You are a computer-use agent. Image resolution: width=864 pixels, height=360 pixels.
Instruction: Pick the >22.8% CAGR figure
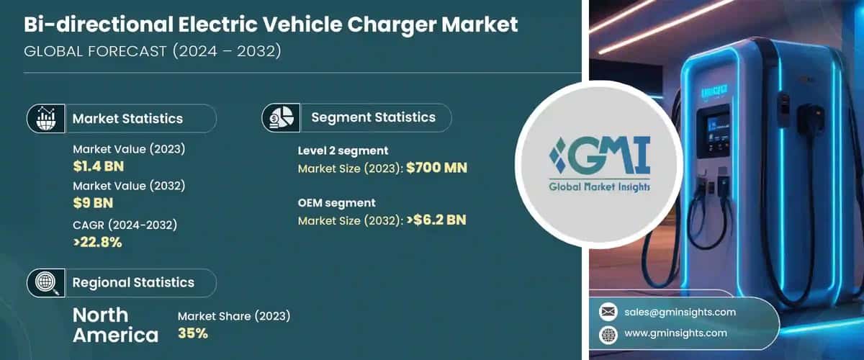(x=97, y=242)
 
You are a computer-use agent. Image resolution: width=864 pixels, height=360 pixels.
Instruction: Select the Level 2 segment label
(x=343, y=150)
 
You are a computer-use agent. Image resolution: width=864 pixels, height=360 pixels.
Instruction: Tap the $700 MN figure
(x=436, y=168)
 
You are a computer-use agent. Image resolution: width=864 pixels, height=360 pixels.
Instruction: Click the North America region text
(x=115, y=325)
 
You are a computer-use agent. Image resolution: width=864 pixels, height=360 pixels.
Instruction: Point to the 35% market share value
(x=192, y=333)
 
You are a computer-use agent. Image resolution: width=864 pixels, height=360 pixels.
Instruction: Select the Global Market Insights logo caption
(x=590, y=186)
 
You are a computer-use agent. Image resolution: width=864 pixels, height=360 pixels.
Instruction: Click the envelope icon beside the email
(x=608, y=312)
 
